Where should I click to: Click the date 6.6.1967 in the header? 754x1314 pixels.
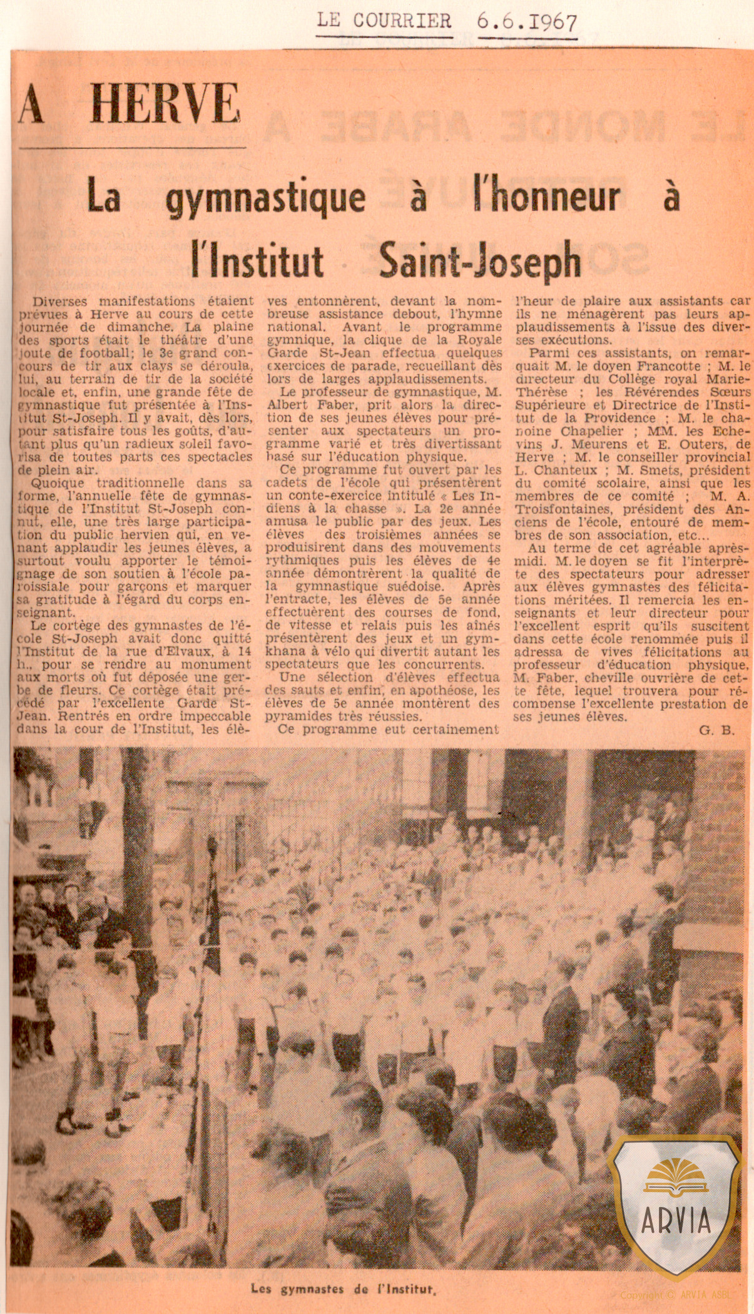527,23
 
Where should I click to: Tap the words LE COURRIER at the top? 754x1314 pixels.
384,21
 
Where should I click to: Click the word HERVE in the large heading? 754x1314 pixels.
165,104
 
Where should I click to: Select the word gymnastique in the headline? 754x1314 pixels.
266,198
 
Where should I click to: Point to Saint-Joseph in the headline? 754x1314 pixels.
480,259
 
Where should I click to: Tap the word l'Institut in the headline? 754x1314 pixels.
258,259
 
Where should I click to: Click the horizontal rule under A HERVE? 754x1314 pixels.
133,148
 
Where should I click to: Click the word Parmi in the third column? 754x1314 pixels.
549,353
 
